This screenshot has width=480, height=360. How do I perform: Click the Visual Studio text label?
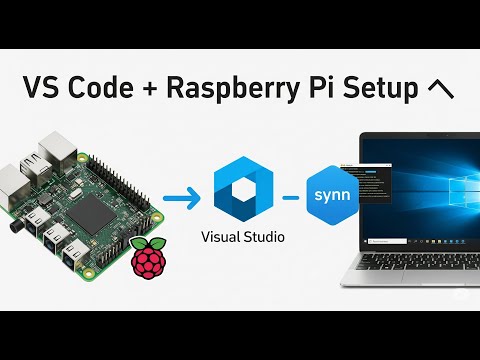pyautogui.click(x=243, y=238)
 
